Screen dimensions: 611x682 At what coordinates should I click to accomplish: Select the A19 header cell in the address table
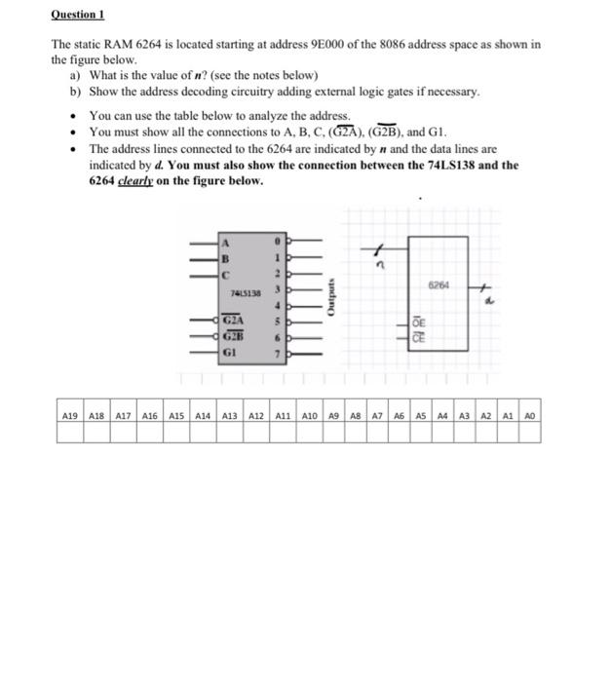70,414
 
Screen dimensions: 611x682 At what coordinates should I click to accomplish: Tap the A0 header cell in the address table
529,414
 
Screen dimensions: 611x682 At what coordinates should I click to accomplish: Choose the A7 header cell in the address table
376,414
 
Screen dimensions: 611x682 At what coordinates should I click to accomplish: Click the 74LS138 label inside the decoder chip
245,291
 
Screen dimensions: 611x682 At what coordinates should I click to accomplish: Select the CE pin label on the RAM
418,337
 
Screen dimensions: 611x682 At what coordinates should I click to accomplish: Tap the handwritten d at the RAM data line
491,301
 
